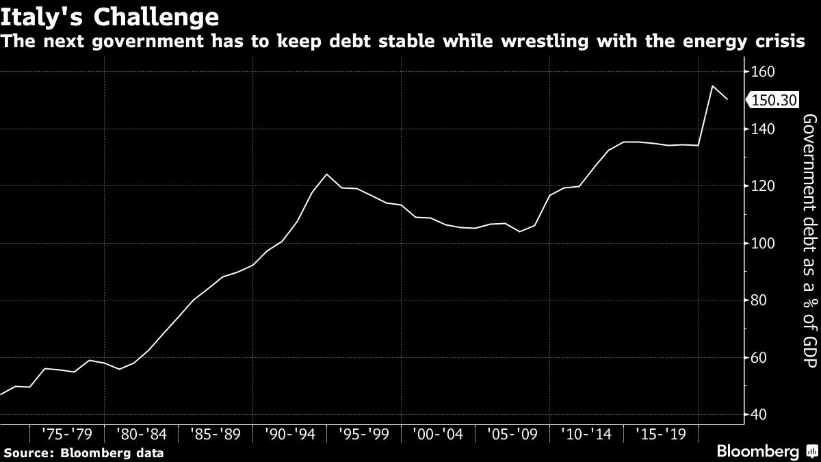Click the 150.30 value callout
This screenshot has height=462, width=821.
coord(773,101)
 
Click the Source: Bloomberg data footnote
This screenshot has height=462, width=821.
coord(83,452)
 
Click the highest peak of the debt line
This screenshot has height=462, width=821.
coord(713,86)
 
